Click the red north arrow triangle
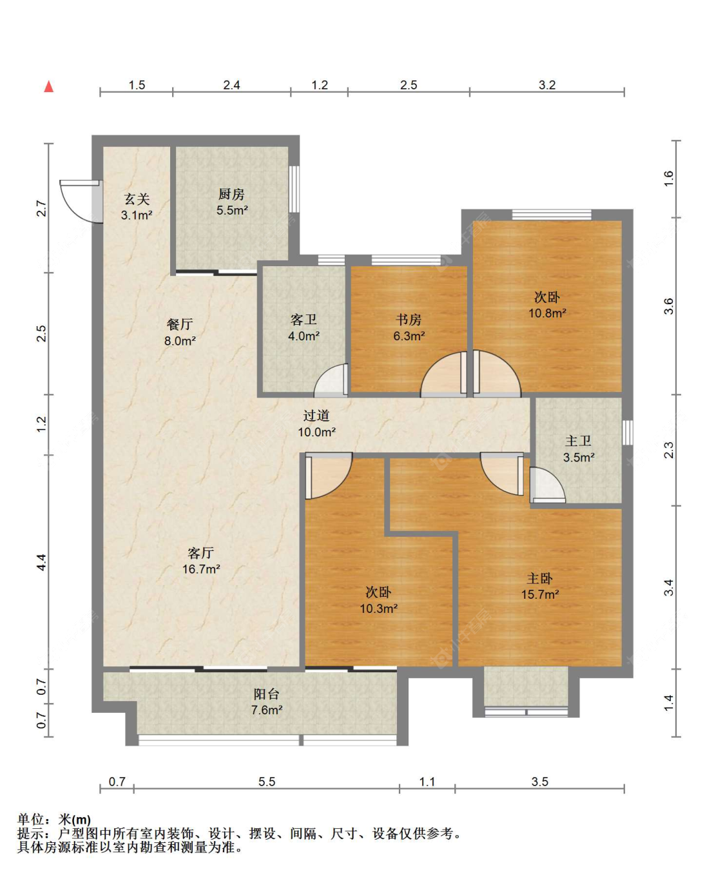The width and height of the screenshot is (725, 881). coord(49,86)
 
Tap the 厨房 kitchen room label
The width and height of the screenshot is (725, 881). coord(231,194)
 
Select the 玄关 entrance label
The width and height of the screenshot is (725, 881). coord(137,199)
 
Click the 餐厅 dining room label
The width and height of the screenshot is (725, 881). coord(180,325)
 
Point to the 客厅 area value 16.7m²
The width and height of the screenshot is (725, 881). coord(201,569)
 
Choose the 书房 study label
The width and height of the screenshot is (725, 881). coord(409,320)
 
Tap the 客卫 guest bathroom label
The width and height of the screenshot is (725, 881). coord(304,320)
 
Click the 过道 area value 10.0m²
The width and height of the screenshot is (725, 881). coord(316,432)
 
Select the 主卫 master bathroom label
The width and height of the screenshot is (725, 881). coord(579,441)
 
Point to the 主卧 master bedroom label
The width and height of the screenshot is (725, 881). coord(539,579)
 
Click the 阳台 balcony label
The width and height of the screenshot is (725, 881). coord(266,694)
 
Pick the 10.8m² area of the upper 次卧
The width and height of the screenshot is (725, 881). coord(547,313)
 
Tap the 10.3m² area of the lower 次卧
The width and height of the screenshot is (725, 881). coord(378,608)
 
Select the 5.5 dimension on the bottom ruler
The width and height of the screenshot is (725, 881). coord(266,782)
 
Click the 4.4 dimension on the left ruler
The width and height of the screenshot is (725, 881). coord(42,562)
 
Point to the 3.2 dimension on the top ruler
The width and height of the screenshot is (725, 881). coord(546,85)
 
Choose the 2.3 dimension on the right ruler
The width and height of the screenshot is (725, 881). coord(669,450)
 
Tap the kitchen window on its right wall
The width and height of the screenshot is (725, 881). coord(294,189)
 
